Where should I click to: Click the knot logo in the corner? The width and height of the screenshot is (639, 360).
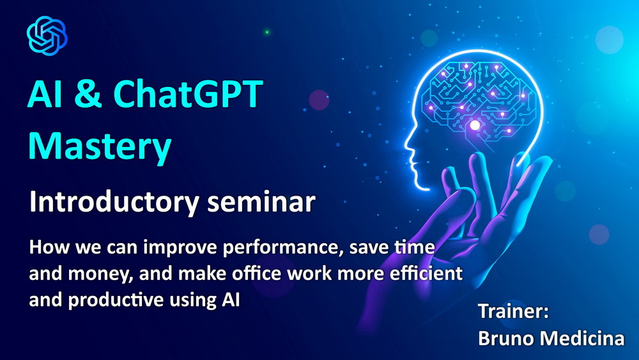[x=47, y=36]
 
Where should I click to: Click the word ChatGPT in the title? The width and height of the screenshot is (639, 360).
[x=189, y=94]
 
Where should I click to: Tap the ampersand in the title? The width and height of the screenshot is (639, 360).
[x=88, y=94]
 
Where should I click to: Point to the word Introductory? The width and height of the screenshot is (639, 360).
[x=114, y=203]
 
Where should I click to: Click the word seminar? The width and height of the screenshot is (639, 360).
[x=261, y=203]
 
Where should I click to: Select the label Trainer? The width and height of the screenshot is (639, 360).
[x=514, y=311]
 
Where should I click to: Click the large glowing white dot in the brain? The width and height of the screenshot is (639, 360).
[x=475, y=125]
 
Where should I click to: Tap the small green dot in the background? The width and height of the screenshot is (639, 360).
[x=267, y=32]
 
